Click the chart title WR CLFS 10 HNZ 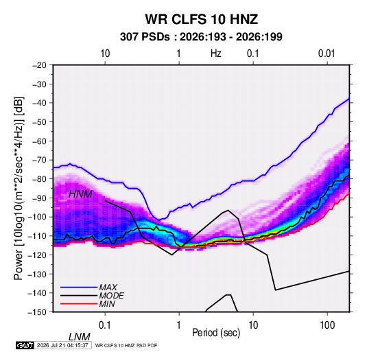[x=202, y=19]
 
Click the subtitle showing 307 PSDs [x=201, y=37]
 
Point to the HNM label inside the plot [x=80, y=194]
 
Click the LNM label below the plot [x=80, y=337]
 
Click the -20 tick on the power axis [x=39, y=65]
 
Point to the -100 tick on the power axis [x=38, y=217]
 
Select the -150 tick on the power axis [x=38, y=312]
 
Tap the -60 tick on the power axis [x=39, y=141]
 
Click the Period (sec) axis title [x=216, y=333]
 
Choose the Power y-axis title [x=19, y=188]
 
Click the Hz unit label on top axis [x=216, y=54]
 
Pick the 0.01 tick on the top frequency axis [x=327, y=54]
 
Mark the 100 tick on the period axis [x=327, y=325]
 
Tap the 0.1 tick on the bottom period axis [x=104, y=325]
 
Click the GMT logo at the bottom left [x=25, y=345]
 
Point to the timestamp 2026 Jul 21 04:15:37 [x=62, y=345]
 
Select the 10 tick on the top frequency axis [x=105, y=54]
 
